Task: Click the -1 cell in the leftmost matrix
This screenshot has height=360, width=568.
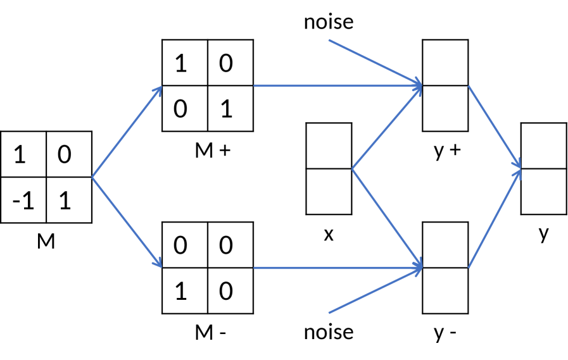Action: click(x=23, y=201)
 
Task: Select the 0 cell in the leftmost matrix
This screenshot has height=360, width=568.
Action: click(x=69, y=155)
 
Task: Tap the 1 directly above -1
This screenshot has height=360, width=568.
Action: click(x=23, y=155)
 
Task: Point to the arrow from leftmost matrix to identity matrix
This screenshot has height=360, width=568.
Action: click(x=127, y=132)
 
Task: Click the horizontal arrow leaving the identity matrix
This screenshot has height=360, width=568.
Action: click(x=336, y=85)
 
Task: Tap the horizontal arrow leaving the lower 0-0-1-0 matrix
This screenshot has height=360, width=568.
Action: click(x=336, y=268)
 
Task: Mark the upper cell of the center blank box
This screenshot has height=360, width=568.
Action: click(x=329, y=146)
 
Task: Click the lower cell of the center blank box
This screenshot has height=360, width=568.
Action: click(x=329, y=191)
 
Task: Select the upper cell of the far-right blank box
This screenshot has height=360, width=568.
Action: click(x=543, y=146)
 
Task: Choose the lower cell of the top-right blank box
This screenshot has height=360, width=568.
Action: click(x=445, y=108)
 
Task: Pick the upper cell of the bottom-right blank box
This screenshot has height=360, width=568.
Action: click(x=445, y=245)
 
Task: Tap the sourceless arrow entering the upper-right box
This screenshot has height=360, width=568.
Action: click(x=374, y=61)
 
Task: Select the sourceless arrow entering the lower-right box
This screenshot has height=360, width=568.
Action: click(x=374, y=292)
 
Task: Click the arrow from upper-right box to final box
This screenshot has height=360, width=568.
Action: click(x=495, y=127)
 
